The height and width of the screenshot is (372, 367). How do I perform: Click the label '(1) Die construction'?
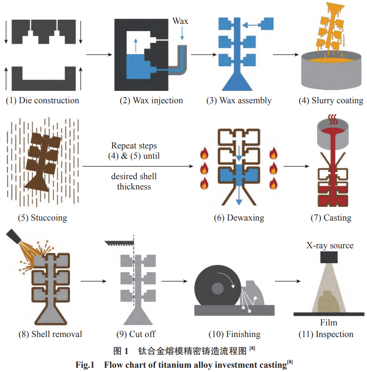click(42, 101)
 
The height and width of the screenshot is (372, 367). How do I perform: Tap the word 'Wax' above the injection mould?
click(180, 20)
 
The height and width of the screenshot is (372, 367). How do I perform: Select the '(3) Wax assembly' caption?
click(239, 101)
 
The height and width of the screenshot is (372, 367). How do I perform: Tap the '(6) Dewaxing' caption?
click(239, 218)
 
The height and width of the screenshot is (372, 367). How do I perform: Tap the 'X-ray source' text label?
click(329, 245)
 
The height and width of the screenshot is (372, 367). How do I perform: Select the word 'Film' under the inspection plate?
click(329, 323)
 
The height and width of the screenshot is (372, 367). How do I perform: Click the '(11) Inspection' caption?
click(326, 334)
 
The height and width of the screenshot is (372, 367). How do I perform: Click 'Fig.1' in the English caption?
click(85, 364)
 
